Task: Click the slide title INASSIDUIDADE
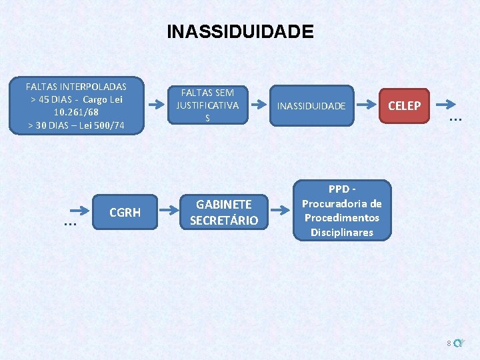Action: click(x=240, y=31)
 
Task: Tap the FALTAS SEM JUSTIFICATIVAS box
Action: click(x=207, y=105)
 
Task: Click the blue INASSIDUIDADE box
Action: click(x=311, y=105)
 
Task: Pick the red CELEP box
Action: click(x=405, y=105)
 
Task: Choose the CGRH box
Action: click(x=125, y=213)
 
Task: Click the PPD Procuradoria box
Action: click(x=341, y=211)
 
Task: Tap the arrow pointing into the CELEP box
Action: click(x=367, y=105)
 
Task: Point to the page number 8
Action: click(x=449, y=343)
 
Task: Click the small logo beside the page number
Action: click(x=459, y=343)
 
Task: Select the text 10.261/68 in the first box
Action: click(x=76, y=112)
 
